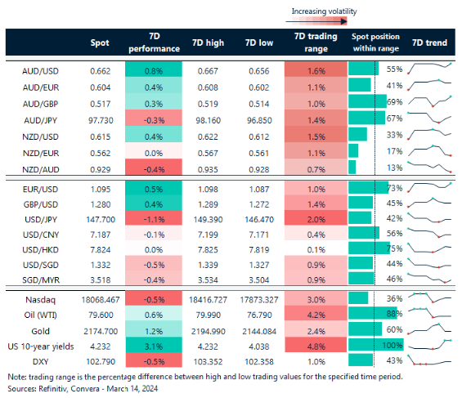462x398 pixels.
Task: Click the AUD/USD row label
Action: point(40,71)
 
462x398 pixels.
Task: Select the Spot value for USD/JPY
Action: point(101,220)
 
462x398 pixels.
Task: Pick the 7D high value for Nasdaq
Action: point(208,300)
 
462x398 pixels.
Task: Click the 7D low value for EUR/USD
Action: point(259,190)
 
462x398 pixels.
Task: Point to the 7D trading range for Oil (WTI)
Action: point(316,314)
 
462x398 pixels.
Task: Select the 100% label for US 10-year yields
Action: point(392,345)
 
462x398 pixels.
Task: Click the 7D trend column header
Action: point(429,43)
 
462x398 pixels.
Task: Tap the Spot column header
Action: point(100,43)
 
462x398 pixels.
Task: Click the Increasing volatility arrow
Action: point(316,21)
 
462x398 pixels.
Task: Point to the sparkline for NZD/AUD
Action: point(429,167)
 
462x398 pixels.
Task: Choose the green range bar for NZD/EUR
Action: point(353,151)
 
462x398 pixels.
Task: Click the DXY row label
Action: point(40,361)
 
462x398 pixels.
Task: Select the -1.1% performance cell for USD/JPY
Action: point(154,218)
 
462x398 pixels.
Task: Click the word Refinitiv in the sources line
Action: point(53,388)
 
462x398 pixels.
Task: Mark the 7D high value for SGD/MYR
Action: point(208,280)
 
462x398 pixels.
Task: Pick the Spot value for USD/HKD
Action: point(101,250)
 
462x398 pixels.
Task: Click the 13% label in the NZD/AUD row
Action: point(394,168)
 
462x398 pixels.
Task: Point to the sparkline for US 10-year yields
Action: point(429,344)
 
